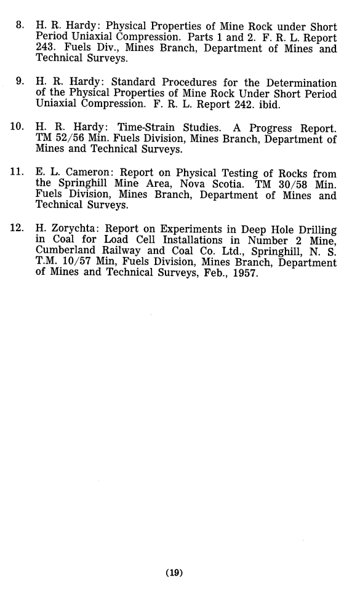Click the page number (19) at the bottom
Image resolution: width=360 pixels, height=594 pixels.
[175, 574]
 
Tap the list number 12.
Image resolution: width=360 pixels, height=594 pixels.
[17, 230]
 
